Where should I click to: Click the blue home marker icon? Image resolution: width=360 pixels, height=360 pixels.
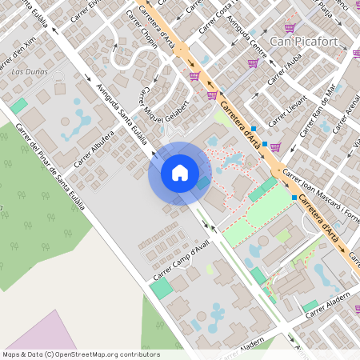click(180, 173)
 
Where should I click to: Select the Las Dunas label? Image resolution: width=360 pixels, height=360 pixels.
click(31, 72)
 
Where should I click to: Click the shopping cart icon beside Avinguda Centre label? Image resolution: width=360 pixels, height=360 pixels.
click(253, 63)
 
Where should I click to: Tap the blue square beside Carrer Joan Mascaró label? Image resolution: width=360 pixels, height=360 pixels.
click(294, 197)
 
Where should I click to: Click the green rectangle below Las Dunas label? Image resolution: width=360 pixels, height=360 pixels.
click(18, 106)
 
